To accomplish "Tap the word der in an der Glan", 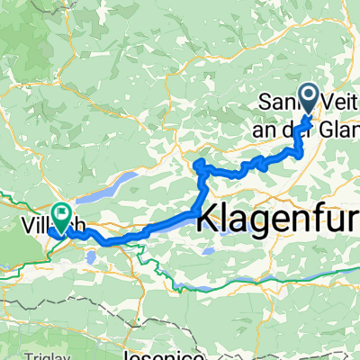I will [304, 125].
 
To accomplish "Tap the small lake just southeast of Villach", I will [90, 258].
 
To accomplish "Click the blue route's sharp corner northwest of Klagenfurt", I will [197, 162].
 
